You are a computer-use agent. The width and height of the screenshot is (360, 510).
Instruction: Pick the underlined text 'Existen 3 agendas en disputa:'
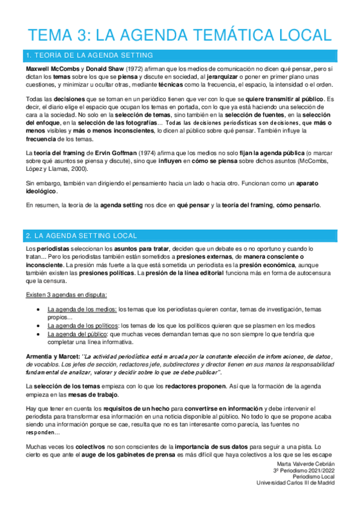[67, 295]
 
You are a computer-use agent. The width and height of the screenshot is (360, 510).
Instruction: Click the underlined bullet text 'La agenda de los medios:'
[82, 310]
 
